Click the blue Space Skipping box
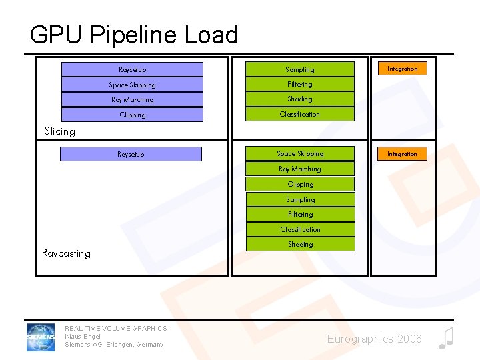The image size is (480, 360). [132, 85]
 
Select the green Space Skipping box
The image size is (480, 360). [300, 154]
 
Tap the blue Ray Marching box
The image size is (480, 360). [132, 100]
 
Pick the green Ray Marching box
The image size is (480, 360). [300, 169]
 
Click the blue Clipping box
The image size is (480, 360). [132, 115]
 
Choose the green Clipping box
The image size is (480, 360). [300, 185]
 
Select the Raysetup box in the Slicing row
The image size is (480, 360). [132, 69]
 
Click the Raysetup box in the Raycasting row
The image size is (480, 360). [131, 154]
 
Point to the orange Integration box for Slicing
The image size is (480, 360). [402, 69]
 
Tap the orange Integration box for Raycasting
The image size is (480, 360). [402, 154]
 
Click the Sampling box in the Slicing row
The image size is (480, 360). [300, 69]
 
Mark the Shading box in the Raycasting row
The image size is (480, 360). [300, 245]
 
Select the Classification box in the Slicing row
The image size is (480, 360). [300, 115]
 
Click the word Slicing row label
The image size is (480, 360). [59, 131]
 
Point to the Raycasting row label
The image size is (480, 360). [66, 253]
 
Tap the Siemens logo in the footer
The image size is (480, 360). [41, 337]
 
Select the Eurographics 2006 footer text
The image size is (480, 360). [374, 339]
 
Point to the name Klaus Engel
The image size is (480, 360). [83, 337]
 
